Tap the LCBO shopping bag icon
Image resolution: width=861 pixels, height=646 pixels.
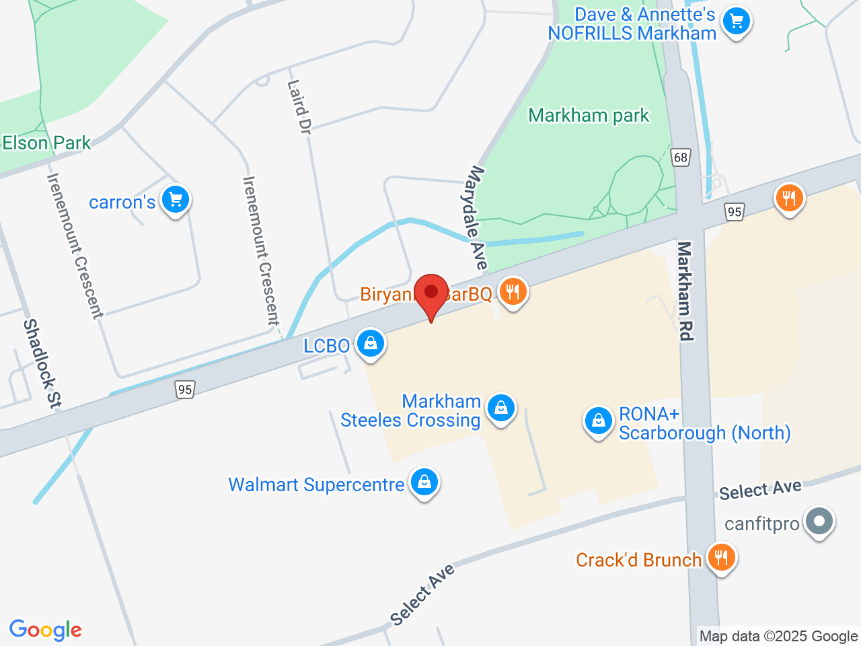[x=370, y=344]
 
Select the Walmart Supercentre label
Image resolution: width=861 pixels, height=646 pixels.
[x=316, y=485]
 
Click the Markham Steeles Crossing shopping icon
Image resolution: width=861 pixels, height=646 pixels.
[x=501, y=408]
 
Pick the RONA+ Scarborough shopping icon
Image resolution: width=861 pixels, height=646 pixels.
[x=598, y=421]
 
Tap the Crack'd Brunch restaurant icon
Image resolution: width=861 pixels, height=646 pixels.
[x=721, y=558]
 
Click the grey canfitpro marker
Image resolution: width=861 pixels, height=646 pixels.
[x=819, y=521]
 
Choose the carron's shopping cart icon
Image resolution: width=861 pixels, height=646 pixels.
[x=176, y=199]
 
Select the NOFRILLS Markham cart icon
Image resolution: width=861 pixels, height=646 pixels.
[x=737, y=22]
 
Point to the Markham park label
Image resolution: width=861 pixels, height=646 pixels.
[x=589, y=116]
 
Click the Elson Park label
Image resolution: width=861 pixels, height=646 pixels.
[x=46, y=143]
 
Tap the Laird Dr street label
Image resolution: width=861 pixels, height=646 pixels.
[x=299, y=107]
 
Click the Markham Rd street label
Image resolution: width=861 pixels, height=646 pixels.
[x=685, y=291]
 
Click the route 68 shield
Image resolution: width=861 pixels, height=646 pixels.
[x=681, y=157]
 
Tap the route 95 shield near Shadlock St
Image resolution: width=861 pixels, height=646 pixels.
[x=185, y=389]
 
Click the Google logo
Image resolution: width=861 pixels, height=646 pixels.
[x=45, y=631]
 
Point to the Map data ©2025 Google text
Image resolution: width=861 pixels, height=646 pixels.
[x=778, y=636]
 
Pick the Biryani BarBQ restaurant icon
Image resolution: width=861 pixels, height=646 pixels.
[x=513, y=292]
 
